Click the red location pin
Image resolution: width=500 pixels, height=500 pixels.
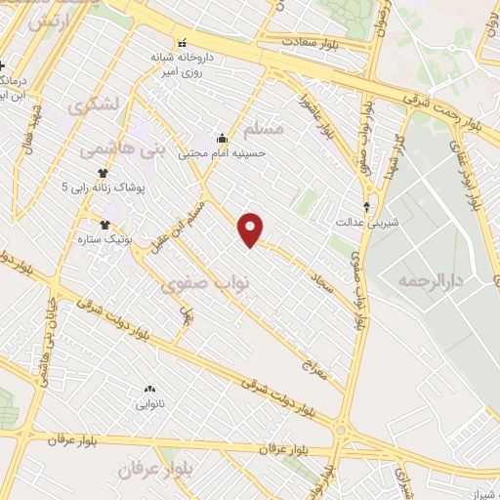tap(252, 229)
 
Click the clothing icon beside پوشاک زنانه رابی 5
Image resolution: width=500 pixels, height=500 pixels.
tap(102, 173)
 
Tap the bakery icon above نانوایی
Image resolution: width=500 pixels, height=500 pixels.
tap(149, 389)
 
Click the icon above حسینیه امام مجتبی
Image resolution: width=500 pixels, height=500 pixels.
tap(222, 138)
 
